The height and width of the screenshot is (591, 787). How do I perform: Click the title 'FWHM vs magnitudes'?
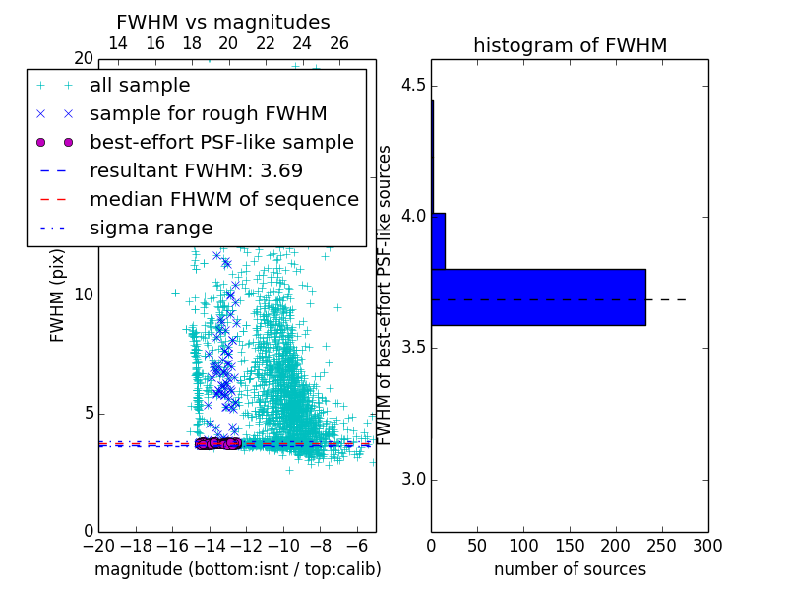tap(223, 22)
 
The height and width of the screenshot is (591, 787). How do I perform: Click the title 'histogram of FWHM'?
tap(570, 45)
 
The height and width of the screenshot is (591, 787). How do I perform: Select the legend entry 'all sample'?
tap(140, 86)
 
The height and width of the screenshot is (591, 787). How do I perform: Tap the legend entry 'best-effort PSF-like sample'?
tap(221, 142)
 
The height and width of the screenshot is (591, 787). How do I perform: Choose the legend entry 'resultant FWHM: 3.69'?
tap(196, 170)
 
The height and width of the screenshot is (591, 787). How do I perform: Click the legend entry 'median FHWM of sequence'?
tap(223, 199)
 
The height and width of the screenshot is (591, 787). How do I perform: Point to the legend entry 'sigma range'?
tap(151, 228)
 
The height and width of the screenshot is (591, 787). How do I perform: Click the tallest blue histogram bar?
tap(538, 296)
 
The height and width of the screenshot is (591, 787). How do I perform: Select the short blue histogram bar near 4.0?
tap(438, 241)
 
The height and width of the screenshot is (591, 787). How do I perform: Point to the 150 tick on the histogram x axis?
tap(570, 545)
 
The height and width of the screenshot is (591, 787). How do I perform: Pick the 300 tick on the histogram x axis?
tap(707, 545)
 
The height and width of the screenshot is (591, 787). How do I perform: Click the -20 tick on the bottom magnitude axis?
tap(98, 545)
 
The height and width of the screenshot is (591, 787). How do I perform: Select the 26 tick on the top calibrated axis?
tap(339, 43)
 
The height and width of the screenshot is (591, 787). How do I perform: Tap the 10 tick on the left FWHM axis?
tap(83, 295)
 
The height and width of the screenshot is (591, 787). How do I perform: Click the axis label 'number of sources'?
tap(570, 569)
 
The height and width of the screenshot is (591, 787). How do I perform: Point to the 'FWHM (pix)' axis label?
tap(58, 295)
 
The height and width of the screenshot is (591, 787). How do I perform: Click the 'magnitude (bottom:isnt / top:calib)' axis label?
tap(237, 569)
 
